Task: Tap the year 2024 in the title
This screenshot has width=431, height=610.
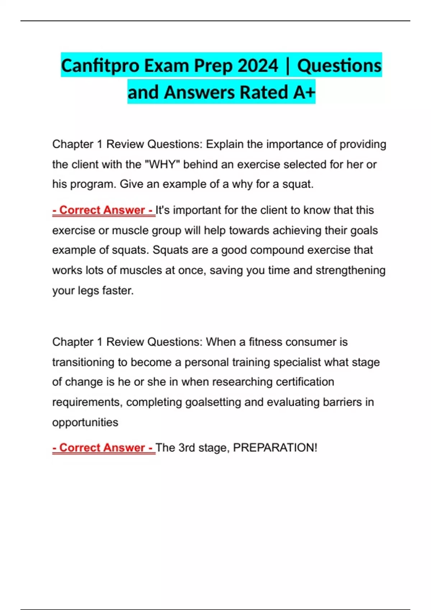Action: coord(258,66)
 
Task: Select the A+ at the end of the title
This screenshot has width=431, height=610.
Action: coord(304,92)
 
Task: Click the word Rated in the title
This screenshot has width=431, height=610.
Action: coord(263,92)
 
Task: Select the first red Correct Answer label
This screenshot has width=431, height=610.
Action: coord(103,210)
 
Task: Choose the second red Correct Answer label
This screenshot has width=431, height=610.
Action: coord(103,448)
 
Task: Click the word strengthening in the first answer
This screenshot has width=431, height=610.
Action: coord(350,270)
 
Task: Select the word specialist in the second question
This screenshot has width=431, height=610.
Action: coord(297,362)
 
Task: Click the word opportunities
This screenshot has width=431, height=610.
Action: coord(85,422)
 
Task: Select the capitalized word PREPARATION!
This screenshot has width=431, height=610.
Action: coord(275,448)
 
